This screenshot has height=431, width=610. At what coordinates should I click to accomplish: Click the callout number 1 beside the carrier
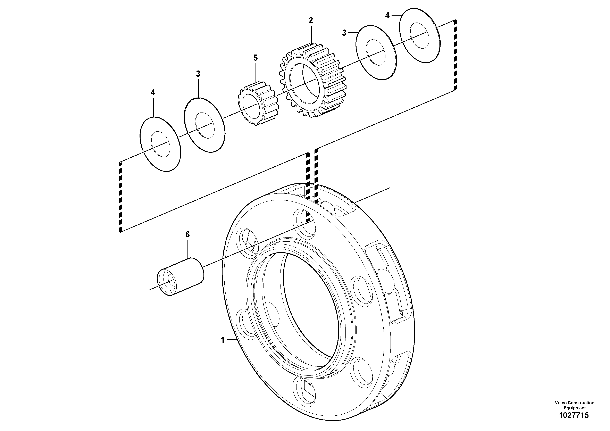pyautogui.click(x=223, y=340)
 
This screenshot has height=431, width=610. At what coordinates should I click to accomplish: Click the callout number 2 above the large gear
pyautogui.click(x=311, y=20)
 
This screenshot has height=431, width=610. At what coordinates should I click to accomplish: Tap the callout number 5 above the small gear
pyautogui.click(x=255, y=58)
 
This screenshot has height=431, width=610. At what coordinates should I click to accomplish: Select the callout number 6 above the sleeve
pyautogui.click(x=187, y=234)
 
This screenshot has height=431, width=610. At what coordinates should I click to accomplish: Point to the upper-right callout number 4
pyautogui.click(x=387, y=16)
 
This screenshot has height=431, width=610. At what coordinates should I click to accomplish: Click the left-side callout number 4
pyautogui.click(x=153, y=92)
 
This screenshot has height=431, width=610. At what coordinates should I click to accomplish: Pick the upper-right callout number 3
pyautogui.click(x=344, y=33)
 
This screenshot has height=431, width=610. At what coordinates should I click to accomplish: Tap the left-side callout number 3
pyautogui.click(x=198, y=74)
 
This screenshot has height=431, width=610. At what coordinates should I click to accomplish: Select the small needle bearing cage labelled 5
pyautogui.click(x=259, y=105)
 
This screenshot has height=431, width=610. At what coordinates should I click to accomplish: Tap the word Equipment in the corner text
pyautogui.click(x=574, y=408)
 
